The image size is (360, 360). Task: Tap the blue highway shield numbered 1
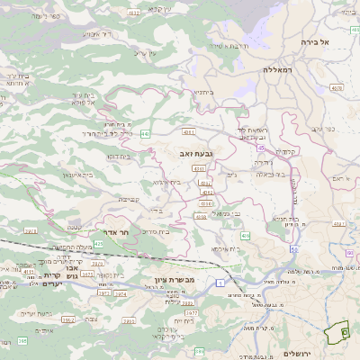click(219, 283)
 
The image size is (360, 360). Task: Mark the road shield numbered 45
click(260, 148)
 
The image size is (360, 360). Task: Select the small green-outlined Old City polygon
click(339, 332)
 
